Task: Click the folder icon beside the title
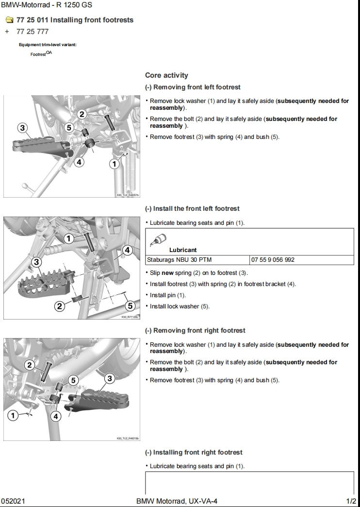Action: click(9, 20)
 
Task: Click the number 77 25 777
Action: click(33, 32)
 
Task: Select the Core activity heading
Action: click(166, 75)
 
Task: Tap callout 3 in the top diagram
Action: click(22, 128)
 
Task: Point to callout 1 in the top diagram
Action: click(114, 164)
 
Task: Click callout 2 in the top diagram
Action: click(82, 114)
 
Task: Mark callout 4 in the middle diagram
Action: click(127, 250)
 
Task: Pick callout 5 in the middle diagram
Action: click(130, 305)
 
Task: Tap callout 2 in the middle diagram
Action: click(60, 305)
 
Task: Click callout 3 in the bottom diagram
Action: click(109, 378)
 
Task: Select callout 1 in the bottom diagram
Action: click(14, 415)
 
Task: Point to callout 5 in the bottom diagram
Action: click(74, 380)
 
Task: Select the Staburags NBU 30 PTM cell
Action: click(179, 260)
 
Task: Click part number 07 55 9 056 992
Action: click(273, 260)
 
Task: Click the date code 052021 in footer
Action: click(11, 501)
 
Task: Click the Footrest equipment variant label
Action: click(40, 54)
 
